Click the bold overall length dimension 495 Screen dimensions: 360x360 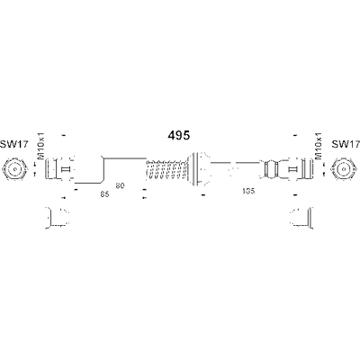tap(179, 136)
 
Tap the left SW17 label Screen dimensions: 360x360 tap(13, 144)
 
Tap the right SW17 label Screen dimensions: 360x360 tap(346, 144)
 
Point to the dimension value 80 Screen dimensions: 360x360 tap(120, 185)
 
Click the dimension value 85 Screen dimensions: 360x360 tap(104, 194)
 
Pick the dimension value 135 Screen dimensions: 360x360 tap(248, 191)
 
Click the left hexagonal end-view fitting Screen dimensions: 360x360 tap(15, 170)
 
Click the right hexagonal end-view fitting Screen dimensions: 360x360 tap(345, 170)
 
